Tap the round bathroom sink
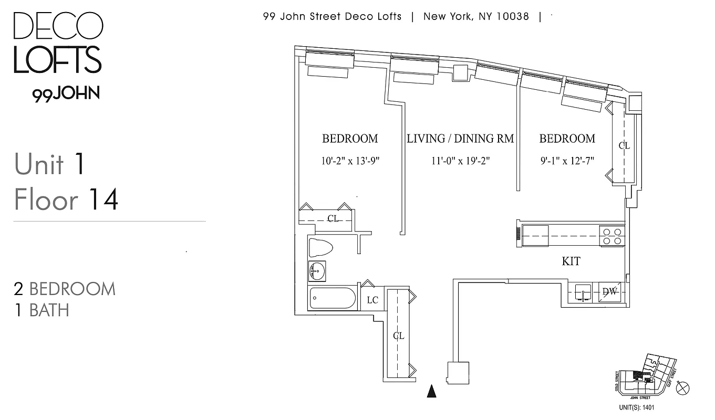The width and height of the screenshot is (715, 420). (317, 271)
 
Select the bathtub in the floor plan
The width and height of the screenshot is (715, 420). (333, 298)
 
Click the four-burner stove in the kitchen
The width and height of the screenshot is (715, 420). (612, 236)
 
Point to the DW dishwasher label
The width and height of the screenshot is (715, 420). (609, 292)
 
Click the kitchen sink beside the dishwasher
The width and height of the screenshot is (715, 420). (583, 292)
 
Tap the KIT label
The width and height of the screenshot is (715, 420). (571, 261)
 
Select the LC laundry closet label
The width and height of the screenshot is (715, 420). (372, 300)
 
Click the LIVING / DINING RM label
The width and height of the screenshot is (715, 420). (460, 139)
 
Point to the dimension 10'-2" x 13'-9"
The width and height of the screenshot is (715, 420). (350, 161)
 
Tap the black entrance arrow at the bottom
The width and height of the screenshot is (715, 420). (431, 391)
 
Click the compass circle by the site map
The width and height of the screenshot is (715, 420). (683, 388)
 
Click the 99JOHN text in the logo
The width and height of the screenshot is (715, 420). (66, 94)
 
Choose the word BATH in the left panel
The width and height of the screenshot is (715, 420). (49, 310)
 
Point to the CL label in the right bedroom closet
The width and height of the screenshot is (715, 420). (624, 145)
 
